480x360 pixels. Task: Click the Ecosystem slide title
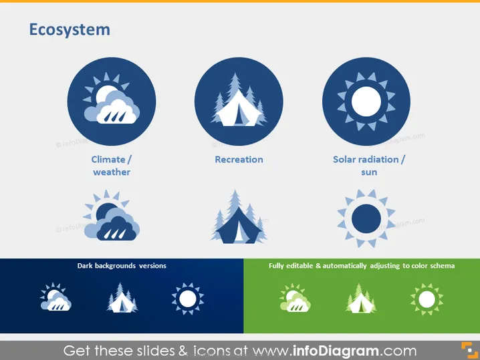pyautogui.click(x=70, y=30)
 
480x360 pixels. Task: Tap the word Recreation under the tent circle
pyautogui.click(x=239, y=160)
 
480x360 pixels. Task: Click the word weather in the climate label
pyautogui.click(x=112, y=172)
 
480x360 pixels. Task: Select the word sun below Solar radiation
pyautogui.click(x=369, y=172)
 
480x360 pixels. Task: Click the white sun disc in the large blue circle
pyautogui.click(x=366, y=102)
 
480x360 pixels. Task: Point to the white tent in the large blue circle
pyautogui.click(x=239, y=109)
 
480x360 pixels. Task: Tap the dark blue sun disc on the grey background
pyautogui.click(x=366, y=218)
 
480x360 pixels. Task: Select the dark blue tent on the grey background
pyautogui.click(x=239, y=226)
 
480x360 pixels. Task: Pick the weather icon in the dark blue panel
pyautogui.click(x=55, y=297)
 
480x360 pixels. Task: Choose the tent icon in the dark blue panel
pyautogui.click(x=122, y=298)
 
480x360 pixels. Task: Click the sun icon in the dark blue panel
pyautogui.click(x=188, y=299)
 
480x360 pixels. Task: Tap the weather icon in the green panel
pyautogui.click(x=295, y=297)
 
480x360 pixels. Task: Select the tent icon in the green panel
pyautogui.click(x=361, y=299)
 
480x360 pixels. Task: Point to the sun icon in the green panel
pyautogui.click(x=427, y=299)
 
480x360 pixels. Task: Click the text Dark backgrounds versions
pyautogui.click(x=122, y=266)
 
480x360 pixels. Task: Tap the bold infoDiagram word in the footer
pyautogui.click(x=336, y=351)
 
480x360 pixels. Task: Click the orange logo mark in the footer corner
pyautogui.click(x=469, y=350)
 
